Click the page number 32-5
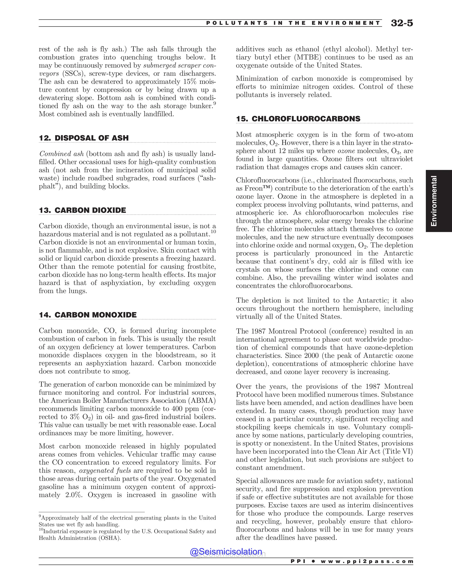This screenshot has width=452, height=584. tap(402, 23)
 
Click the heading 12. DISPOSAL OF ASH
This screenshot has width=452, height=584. tap(84, 138)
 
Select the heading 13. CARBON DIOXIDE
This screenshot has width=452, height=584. tap(83, 210)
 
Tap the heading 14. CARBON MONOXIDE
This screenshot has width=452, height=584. tap(88, 315)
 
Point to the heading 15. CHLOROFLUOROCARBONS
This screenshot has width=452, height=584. tap(298, 119)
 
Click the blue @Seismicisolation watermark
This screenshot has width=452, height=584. tap(226, 551)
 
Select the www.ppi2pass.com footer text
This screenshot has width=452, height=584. tap(367, 561)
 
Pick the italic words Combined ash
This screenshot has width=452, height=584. tap(62, 154)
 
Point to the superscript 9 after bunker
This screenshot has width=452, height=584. tap(215, 103)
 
